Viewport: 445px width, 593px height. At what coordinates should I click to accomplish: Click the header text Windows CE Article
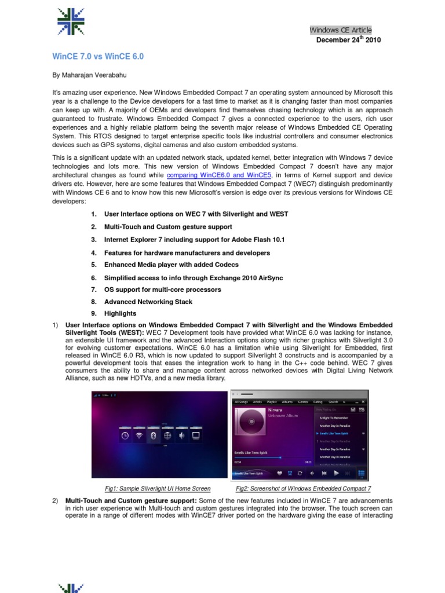pyautogui.click(x=341, y=30)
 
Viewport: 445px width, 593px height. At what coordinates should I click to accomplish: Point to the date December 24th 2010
pyautogui.click(x=348, y=40)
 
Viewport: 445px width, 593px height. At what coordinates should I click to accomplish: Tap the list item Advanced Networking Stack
pyautogui.click(x=148, y=302)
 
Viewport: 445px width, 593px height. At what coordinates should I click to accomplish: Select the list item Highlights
pyautogui.click(x=120, y=314)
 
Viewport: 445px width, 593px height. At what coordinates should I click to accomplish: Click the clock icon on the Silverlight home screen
pyautogui.click(x=124, y=435)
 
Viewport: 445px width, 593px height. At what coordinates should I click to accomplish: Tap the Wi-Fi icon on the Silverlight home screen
pyautogui.click(x=138, y=435)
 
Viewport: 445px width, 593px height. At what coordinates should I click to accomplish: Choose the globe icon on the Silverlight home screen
pyautogui.click(x=167, y=435)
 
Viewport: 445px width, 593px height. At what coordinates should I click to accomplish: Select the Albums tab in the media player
pyautogui.click(x=287, y=401)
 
